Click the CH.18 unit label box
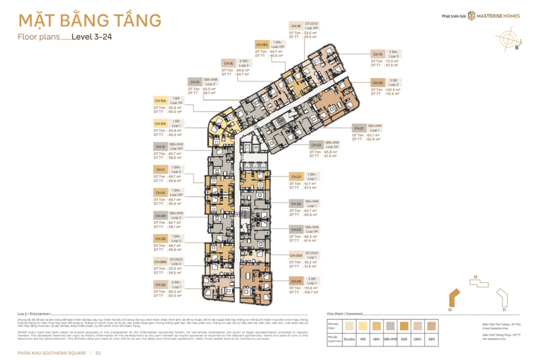pyautogui.click(x=296, y=26)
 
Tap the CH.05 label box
pyautogui.click(x=296, y=280)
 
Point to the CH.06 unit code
pyautogui.click(x=160, y=284)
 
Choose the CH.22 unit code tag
pyautogui.click(x=316, y=145)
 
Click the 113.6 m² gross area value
pyautogui.click(x=310, y=288)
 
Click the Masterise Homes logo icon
pyautogui.click(x=471, y=16)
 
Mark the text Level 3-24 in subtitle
pyautogui.click(x=92, y=37)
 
